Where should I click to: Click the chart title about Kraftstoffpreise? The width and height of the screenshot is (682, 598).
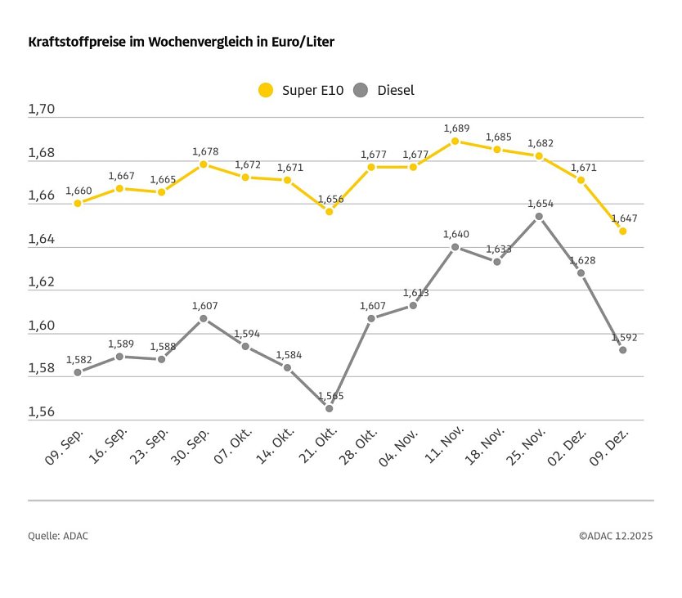coord(181,41)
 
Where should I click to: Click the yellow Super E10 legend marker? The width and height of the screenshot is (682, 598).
coord(266,91)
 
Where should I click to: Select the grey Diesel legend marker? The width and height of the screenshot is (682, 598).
coord(361,91)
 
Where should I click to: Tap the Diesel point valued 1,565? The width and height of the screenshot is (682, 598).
coord(330,408)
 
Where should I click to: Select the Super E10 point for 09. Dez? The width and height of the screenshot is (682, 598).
coord(623,231)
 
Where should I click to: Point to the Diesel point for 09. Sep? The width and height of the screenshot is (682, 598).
coord(78,372)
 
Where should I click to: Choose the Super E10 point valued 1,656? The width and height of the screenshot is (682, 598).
coord(330,211)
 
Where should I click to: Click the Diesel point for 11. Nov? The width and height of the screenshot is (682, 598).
coord(455,246)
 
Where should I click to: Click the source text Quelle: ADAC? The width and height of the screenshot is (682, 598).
coord(58,536)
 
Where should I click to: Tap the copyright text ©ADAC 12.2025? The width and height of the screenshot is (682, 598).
coord(616,536)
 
